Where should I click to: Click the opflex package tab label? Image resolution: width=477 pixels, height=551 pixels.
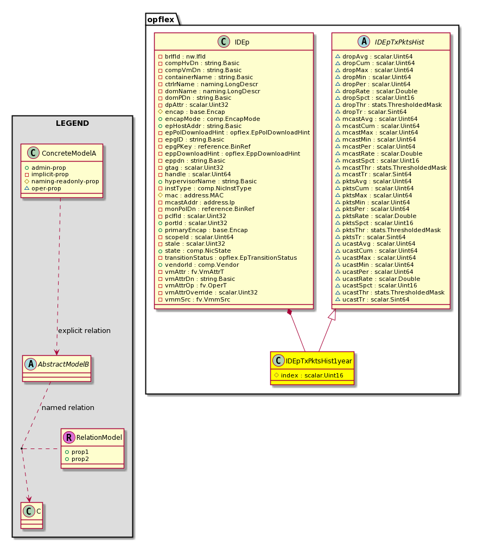[161, 20]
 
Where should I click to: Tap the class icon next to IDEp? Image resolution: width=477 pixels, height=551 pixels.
[224, 42]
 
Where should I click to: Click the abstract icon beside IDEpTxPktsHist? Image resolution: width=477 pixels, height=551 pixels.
[364, 42]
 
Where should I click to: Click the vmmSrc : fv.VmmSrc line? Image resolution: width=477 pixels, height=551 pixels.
[194, 299]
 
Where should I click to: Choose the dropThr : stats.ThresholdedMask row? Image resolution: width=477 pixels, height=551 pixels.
[389, 105]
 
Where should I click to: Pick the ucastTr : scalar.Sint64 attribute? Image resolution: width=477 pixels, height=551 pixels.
[372, 299]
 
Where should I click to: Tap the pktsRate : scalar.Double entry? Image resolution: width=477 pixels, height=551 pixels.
[376, 216]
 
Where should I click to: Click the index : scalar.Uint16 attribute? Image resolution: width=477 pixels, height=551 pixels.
[309, 375]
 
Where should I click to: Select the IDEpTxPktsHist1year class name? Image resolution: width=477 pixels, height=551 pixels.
[319, 361]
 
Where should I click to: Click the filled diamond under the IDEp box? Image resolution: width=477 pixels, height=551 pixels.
[290, 312]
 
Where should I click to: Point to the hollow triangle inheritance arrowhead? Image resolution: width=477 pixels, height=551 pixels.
[333, 315]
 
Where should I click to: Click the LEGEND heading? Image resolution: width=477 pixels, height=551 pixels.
[72, 123]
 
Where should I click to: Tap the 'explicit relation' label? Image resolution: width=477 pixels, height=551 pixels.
[84, 331]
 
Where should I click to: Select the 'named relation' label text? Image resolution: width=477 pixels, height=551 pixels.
[68, 408]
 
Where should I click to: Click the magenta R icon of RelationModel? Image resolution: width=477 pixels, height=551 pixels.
[69, 437]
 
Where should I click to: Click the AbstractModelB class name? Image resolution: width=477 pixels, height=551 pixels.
[63, 364]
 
